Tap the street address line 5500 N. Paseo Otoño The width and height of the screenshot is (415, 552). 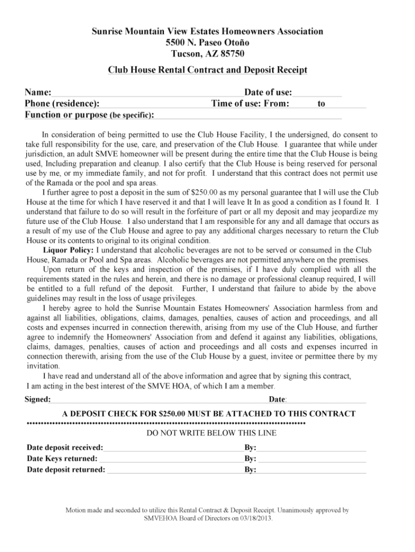(x=207, y=43)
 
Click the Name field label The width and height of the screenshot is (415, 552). (x=38, y=93)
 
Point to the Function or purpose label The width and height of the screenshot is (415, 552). (x=66, y=115)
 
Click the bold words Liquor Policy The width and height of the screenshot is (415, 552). (x=68, y=250)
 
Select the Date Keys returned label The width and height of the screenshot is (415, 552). (x=62, y=458)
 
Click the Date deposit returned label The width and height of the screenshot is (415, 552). (x=66, y=470)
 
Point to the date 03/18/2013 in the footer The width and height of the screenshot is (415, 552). (x=255, y=518)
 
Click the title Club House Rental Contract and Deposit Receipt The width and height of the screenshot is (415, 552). (x=207, y=70)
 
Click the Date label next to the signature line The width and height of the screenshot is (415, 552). (x=277, y=399)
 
